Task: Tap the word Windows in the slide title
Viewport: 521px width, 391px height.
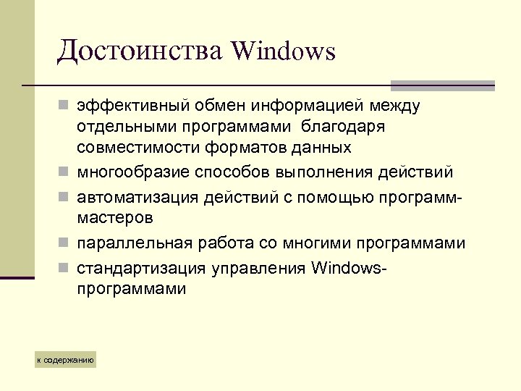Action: coord(284,51)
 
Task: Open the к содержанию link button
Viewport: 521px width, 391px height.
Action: coord(66,359)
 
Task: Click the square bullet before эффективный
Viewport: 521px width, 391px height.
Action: coord(64,107)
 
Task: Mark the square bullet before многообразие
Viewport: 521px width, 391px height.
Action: coord(64,173)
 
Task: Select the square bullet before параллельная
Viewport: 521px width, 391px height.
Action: coord(64,244)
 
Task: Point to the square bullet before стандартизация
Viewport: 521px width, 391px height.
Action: coord(64,268)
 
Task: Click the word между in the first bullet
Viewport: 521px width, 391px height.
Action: coord(397,106)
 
